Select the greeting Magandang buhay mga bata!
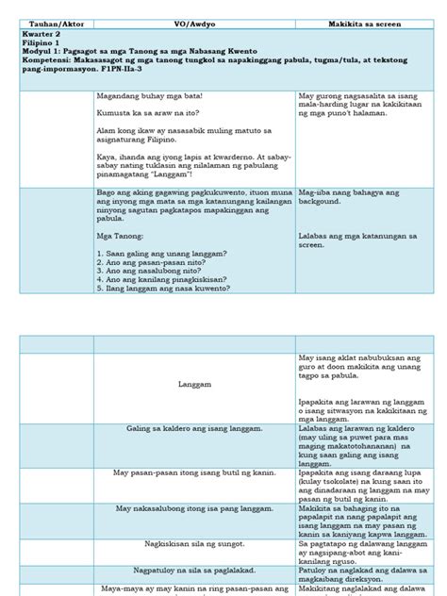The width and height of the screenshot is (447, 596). click(149, 96)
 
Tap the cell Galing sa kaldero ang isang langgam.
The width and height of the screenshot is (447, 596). click(194, 429)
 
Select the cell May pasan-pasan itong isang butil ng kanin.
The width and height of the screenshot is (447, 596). click(194, 472)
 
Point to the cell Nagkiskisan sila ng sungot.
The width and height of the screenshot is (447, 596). click(194, 543)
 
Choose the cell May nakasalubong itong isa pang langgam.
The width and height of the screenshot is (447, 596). click(194, 509)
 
